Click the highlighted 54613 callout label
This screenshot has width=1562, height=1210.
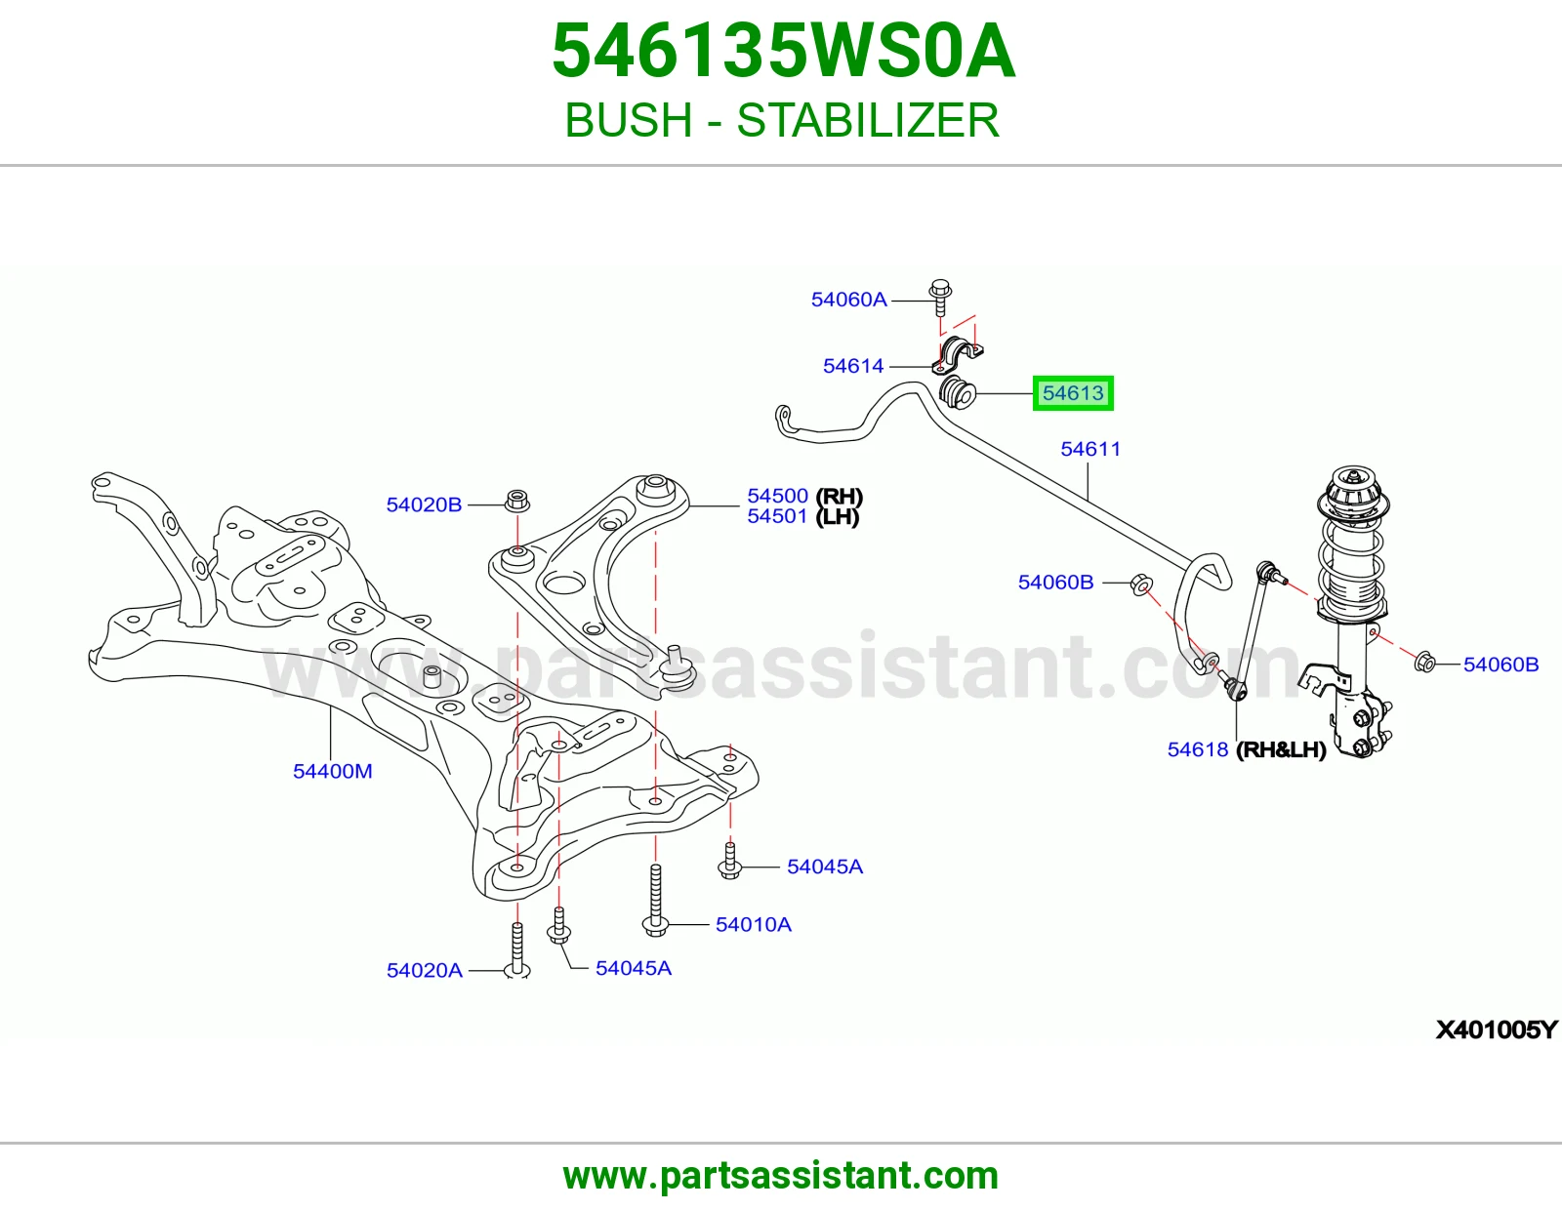pyautogui.click(x=1073, y=393)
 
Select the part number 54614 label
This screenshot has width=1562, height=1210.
pyautogui.click(x=852, y=366)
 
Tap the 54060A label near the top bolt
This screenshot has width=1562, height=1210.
pyautogui.click(x=849, y=299)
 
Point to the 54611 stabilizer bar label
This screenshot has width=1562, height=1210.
pyautogui.click(x=1090, y=448)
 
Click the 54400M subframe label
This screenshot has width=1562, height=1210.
pyautogui.click(x=332, y=771)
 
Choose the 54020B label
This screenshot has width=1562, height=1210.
pyautogui.click(x=424, y=504)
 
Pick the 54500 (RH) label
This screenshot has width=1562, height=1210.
pyautogui.click(x=804, y=496)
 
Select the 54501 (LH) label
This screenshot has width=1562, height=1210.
pyautogui.click(x=802, y=516)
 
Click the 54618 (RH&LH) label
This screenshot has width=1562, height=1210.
pyautogui.click(x=1247, y=749)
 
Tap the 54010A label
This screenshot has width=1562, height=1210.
pyautogui.click(x=754, y=924)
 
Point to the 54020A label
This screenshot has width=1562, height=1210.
pyautogui.click(x=424, y=970)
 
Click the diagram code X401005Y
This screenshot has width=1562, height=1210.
pyautogui.click(x=1497, y=1029)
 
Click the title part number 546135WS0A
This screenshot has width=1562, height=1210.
pyautogui.click(x=783, y=51)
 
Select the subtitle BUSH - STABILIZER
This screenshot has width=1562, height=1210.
pyautogui.click(x=781, y=120)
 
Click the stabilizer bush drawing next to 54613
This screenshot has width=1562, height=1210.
pyautogui.click(x=958, y=393)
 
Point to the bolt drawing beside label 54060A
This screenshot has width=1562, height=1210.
pyautogui.click(x=940, y=298)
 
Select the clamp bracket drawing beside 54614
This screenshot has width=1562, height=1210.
pyautogui.click(x=958, y=354)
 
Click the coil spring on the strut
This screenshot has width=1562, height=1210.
pyautogui.click(x=1351, y=571)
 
